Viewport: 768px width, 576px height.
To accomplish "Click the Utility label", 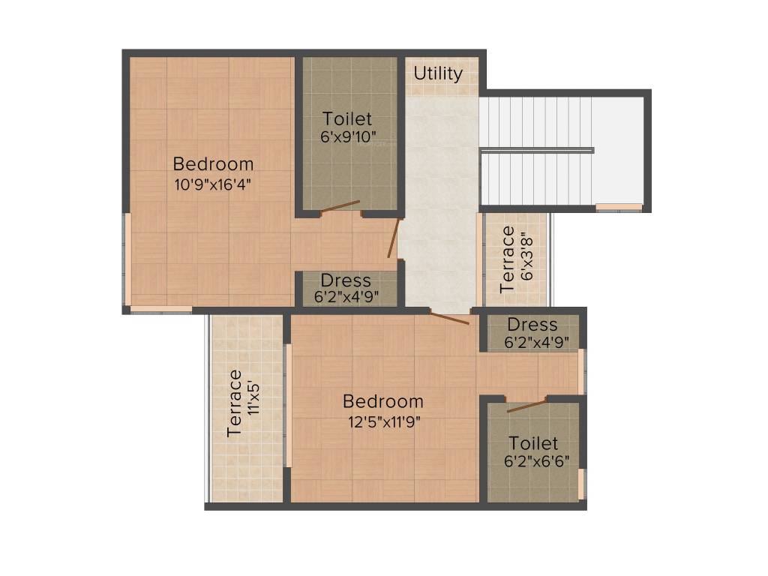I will [x=438, y=73].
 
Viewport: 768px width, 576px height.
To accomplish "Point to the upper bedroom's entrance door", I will [x=393, y=238].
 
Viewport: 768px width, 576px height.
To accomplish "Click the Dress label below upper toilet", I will [x=346, y=280].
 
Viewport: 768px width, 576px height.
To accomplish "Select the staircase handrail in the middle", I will [x=537, y=151].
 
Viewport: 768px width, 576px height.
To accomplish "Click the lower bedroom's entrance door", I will [x=450, y=318].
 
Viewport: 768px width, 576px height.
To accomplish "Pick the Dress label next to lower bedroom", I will [x=532, y=325].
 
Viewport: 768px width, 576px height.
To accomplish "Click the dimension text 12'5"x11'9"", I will [x=383, y=421].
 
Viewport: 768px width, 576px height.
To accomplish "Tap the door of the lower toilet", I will [x=526, y=406].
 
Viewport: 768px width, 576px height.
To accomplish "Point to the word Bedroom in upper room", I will [x=213, y=163].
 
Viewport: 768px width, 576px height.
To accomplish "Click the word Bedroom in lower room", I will [x=383, y=401].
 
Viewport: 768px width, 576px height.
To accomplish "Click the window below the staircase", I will [x=619, y=207].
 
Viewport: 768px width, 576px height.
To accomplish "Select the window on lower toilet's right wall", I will [x=582, y=484].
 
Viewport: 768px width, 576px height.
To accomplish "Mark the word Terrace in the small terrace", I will [x=508, y=259].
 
